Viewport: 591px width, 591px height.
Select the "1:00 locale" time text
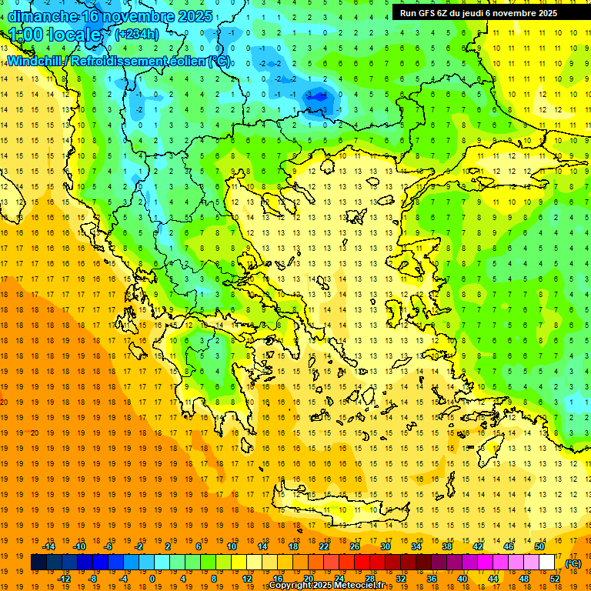pos(55,35)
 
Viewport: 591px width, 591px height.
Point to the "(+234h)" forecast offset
pos(137,34)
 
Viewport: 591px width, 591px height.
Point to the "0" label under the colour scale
pos(152,578)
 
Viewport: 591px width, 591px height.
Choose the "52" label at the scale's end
pos(555,578)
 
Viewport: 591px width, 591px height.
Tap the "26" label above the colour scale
pos(355,546)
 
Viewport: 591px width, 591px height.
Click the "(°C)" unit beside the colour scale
pos(573,563)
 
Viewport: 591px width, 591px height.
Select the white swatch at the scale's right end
pos(547,563)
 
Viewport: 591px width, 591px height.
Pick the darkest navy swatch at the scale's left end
pos(38,563)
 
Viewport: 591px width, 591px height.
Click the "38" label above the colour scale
pos(447,546)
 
